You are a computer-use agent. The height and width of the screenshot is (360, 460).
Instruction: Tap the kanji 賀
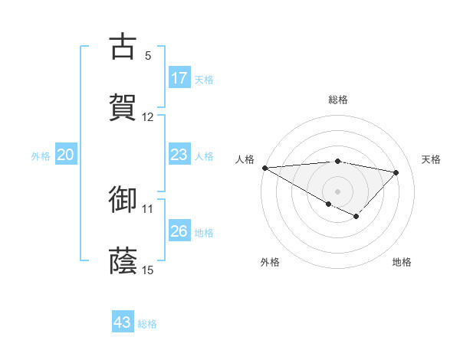tap(123, 107)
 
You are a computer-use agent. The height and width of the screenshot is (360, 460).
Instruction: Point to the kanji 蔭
tap(123, 260)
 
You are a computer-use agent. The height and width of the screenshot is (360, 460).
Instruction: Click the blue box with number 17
tap(179, 77)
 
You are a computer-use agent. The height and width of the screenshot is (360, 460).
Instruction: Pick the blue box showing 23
tap(179, 155)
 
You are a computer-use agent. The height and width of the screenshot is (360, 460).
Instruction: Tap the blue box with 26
tap(179, 231)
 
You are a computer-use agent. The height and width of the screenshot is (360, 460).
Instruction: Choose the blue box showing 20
tap(65, 155)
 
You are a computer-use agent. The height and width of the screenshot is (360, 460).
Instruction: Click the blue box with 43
tap(123, 322)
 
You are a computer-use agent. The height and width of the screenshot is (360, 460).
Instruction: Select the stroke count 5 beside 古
tap(148, 55)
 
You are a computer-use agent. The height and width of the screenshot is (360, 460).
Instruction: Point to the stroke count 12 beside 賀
tap(148, 117)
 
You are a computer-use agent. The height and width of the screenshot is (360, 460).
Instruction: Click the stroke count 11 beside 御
tap(148, 208)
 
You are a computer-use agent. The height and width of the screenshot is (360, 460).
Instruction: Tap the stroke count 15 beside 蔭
tap(148, 270)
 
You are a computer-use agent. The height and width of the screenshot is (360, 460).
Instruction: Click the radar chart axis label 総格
tap(338, 100)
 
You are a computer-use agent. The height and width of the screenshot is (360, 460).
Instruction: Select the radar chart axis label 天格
tap(431, 159)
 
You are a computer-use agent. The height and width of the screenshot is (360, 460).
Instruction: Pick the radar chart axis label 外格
tap(270, 262)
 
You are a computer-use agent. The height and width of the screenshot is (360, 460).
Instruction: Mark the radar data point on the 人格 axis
tap(264, 168)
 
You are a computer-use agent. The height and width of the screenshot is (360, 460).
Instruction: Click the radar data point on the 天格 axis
tap(396, 172)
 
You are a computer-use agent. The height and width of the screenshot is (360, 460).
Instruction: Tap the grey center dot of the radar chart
tap(337, 191)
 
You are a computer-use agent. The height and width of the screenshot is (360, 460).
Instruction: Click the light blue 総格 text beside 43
tap(147, 324)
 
